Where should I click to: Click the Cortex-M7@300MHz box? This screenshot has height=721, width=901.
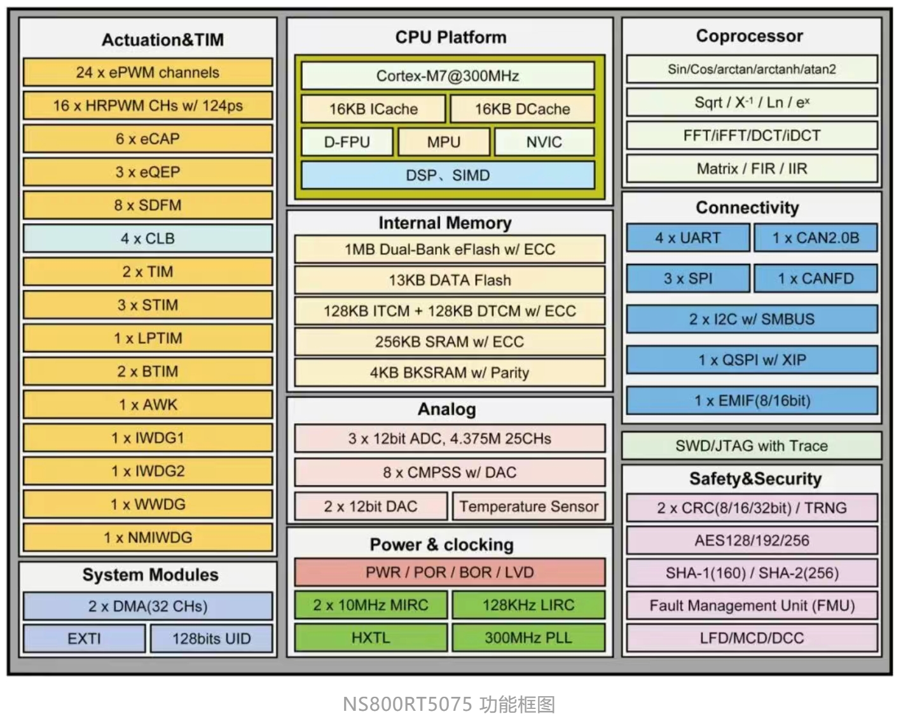point(448,76)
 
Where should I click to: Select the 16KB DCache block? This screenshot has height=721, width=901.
point(522,109)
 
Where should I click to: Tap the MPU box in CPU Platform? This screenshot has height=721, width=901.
point(443,142)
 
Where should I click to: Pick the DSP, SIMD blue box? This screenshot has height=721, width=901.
point(448,175)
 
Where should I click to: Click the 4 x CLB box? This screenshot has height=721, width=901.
point(148,238)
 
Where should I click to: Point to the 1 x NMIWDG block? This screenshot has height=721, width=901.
point(148,537)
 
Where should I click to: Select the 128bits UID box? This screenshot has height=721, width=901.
point(211,638)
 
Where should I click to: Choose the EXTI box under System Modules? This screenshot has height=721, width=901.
point(84,638)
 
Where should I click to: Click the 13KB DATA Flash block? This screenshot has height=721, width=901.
point(450,280)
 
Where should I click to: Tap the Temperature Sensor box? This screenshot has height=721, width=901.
point(528,507)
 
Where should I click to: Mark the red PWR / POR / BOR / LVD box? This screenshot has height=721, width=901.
point(450,572)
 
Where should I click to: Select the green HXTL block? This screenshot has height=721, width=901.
point(371,637)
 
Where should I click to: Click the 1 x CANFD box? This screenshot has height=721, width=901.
point(815,278)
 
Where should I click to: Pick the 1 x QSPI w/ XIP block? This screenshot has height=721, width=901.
point(752,360)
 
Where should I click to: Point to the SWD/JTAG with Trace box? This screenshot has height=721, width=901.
point(752,446)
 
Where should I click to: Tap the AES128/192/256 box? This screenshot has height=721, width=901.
point(752,540)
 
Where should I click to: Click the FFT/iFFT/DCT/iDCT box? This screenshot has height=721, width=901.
point(752,135)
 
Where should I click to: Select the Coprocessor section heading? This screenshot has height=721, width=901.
point(749,36)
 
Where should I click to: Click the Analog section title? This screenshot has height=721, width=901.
point(446,409)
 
